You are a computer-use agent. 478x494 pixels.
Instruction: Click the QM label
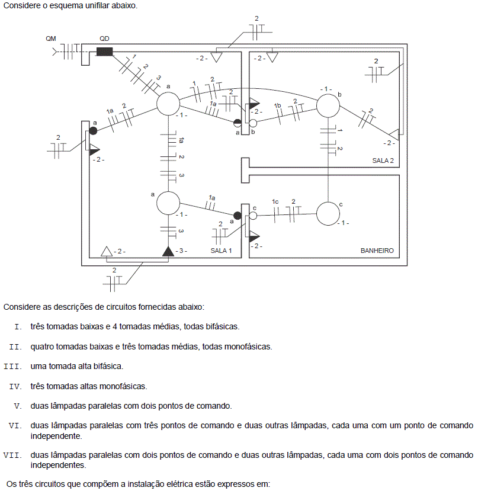coord(51,39)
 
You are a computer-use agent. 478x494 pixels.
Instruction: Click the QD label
coord(104,39)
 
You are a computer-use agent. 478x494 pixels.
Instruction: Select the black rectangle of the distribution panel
coord(104,52)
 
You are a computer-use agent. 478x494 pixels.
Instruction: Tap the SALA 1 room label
coord(221,251)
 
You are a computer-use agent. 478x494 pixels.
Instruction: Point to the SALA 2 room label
coord(383,161)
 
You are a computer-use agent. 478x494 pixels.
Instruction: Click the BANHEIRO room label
coord(377,251)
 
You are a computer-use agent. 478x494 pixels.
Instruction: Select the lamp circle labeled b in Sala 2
coord(328,105)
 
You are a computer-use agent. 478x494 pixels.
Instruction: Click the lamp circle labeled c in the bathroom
coord(328,214)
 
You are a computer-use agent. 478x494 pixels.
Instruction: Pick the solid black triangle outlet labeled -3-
coord(168,251)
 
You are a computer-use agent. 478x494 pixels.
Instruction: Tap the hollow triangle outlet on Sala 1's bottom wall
coord(107,251)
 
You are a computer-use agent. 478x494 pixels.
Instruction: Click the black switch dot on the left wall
coord(93,130)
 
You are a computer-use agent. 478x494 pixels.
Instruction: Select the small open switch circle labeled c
coord(253,216)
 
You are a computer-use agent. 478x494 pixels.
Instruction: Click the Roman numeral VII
coord(13,455)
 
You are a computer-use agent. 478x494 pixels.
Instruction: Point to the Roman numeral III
coord(13,367)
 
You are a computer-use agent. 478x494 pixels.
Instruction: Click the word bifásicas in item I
coord(223,326)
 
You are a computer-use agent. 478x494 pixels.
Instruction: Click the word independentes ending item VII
coord(58,465)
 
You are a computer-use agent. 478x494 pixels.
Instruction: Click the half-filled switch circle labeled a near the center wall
coord(238,123)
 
